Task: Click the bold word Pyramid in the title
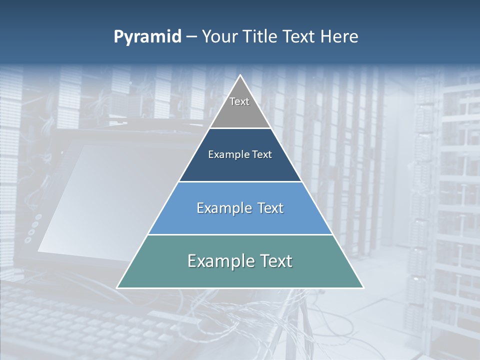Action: pyautogui.click(x=147, y=37)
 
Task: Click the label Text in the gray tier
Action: pyautogui.click(x=239, y=101)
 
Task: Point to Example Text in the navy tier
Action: pyautogui.click(x=240, y=154)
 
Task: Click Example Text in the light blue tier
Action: pyautogui.click(x=240, y=208)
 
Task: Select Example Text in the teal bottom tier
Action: pyautogui.click(x=240, y=261)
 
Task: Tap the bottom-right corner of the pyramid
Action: pyautogui.click(x=363, y=287)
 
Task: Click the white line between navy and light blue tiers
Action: pyautogui.click(x=240, y=181)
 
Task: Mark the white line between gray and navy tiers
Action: pyautogui.click(x=240, y=128)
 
